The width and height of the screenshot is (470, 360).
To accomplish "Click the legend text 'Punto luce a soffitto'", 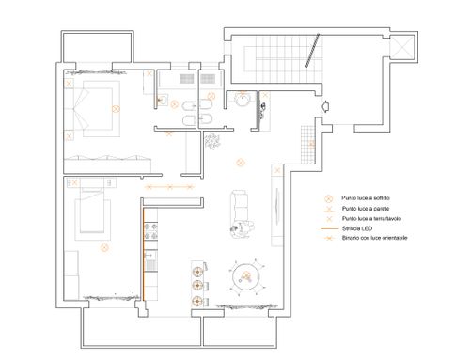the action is click(x=366, y=198).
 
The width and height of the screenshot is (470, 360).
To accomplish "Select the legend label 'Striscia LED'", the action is click(x=357, y=228).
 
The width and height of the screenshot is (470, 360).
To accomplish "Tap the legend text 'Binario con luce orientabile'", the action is click(x=375, y=238).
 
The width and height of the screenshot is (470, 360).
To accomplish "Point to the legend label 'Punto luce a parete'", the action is click(x=366, y=209).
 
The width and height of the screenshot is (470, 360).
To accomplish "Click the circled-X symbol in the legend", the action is click(x=328, y=198).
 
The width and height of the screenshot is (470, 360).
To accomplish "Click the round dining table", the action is click(x=246, y=277).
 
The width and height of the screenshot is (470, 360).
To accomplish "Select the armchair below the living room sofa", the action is click(x=243, y=228).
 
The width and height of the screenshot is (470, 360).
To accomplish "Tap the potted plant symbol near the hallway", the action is click(x=212, y=141).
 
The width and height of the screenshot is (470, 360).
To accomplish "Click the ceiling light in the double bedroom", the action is click(x=116, y=109).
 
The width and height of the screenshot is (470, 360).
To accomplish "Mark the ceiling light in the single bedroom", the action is click(x=104, y=247).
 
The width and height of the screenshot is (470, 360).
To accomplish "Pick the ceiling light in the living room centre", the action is click(x=241, y=163).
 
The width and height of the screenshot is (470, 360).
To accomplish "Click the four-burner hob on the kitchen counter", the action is click(x=150, y=231).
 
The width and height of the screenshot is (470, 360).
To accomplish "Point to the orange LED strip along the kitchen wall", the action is click(x=144, y=255).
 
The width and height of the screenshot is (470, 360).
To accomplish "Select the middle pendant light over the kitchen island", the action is click(x=197, y=285).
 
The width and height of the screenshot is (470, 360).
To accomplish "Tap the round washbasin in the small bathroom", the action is click(x=242, y=100).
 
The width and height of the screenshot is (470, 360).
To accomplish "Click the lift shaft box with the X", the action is click(x=402, y=47).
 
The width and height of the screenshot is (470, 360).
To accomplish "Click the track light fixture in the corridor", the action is click(x=169, y=187).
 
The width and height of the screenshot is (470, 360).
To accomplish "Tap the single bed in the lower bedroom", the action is click(x=92, y=210).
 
